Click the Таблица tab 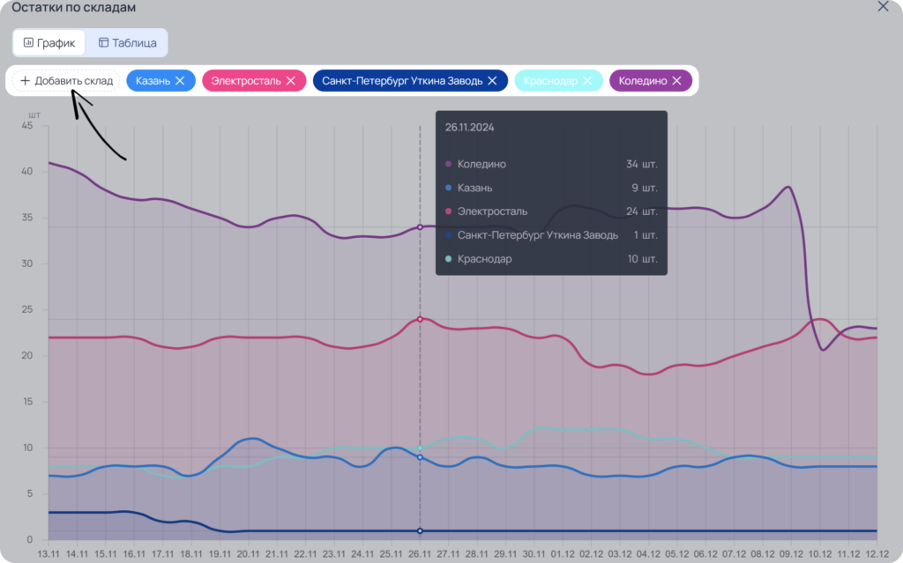coord(127,42)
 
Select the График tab coord(49,42)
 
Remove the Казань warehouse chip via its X coord(180,80)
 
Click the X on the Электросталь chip coord(291,80)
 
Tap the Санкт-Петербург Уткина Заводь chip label coord(402,80)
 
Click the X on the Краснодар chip coord(587,80)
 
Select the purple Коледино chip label coord(643,80)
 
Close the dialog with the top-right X coord(883,6)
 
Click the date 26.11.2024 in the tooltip coord(469,127)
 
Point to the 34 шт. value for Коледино coord(642,164)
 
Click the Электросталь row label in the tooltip coord(492,211)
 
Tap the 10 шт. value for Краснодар coord(642,258)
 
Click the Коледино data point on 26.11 coord(420,227)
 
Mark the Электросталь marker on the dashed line coord(420,319)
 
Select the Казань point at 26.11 coord(420,457)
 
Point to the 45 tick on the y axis coord(27,125)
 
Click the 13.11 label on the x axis coord(49,554)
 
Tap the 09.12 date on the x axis coord(791,554)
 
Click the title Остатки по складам coord(74,7)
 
